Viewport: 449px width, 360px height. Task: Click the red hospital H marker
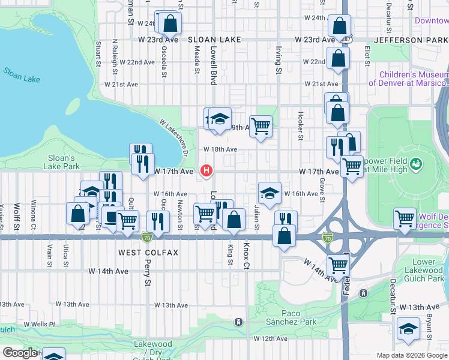[207, 171]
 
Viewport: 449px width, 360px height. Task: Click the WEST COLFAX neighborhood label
[148, 253]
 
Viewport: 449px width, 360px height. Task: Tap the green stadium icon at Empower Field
[415, 163]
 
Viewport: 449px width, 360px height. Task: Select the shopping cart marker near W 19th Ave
[261, 126]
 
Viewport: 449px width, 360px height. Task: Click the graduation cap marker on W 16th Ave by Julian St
[270, 193]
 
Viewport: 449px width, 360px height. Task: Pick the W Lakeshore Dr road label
[175, 137]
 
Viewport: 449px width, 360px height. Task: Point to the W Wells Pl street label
[39, 325]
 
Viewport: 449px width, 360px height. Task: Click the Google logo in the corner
[20, 353]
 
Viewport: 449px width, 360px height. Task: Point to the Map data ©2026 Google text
[411, 355]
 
